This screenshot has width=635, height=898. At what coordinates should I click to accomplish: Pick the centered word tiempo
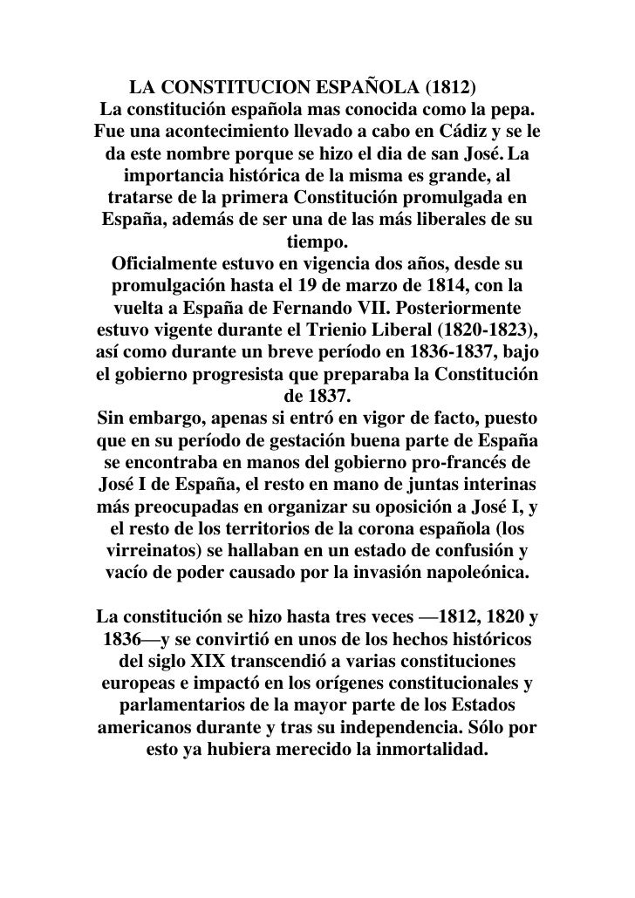pos(317,240)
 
